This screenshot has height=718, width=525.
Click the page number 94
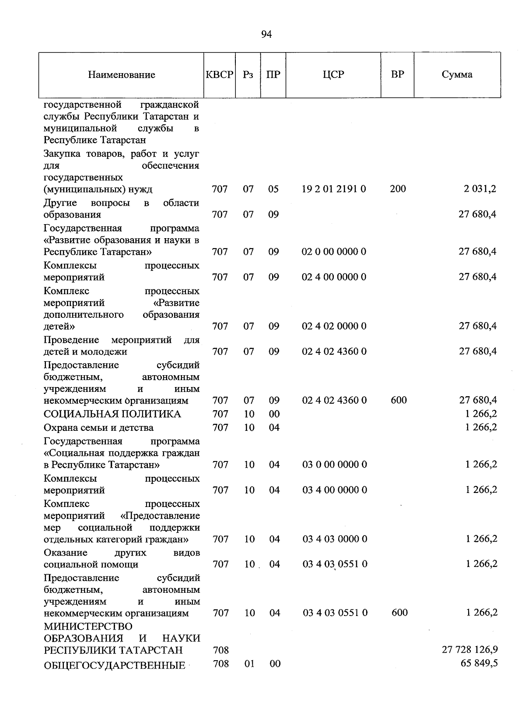[266, 35]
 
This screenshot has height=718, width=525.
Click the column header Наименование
[122, 75]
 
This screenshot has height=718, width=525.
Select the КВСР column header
[219, 74]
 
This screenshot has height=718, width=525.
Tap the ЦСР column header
[333, 74]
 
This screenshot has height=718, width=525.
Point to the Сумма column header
[457, 74]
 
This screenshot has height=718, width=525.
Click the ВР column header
[397, 74]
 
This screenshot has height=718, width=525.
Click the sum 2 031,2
[480, 189]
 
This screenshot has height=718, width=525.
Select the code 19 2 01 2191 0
[334, 189]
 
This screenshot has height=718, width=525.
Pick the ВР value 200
[398, 189]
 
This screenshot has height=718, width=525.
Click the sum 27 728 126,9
[470, 649]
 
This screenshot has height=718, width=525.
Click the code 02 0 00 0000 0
[334, 252]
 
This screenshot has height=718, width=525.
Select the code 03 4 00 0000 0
[335, 490]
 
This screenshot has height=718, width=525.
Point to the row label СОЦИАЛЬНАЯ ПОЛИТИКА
[112, 414]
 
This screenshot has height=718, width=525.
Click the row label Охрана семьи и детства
[99, 428]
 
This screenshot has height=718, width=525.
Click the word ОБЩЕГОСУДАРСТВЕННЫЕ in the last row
[115, 666]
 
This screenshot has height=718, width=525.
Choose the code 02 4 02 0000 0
[334, 326]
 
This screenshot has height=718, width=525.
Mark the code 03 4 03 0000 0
[335, 539]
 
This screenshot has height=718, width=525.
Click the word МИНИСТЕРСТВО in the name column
[88, 626]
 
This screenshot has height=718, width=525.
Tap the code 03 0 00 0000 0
[335, 465]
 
